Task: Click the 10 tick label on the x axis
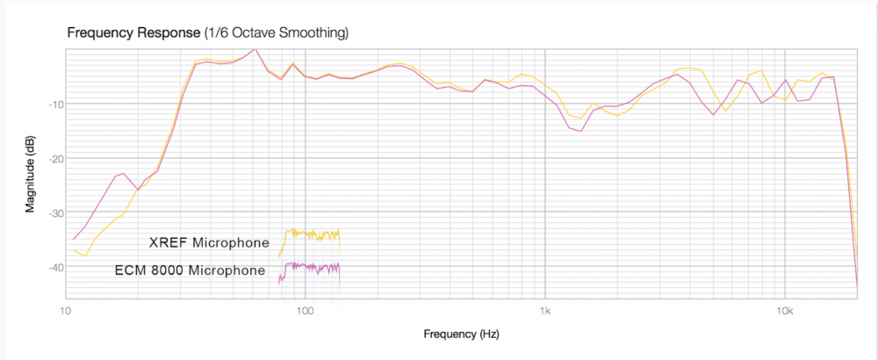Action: tap(64, 312)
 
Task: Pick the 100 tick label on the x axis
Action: tap(305, 312)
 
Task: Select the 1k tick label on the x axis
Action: tap(545, 312)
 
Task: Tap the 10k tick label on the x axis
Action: tap(786, 312)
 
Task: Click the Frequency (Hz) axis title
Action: tap(461, 335)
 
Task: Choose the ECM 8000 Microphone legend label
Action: tap(190, 270)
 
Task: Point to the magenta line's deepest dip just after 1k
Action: tap(581, 132)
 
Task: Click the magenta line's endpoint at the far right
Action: tap(857, 285)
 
